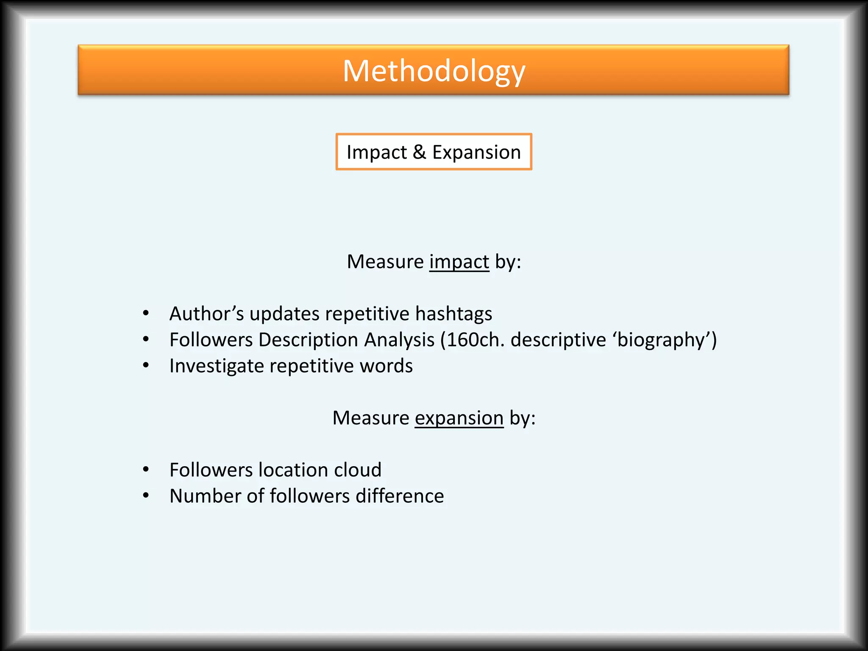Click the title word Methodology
pyautogui.click(x=434, y=71)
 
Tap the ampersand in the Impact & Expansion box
pyautogui.click(x=419, y=152)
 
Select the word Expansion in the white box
pyautogui.click(x=476, y=152)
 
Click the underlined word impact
pyautogui.click(x=459, y=262)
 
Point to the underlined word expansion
pyautogui.click(x=459, y=418)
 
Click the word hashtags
pyautogui.click(x=453, y=314)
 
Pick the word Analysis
pyautogui.click(x=399, y=340)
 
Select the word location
pyautogui.click(x=293, y=470)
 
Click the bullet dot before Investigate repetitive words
pyautogui.click(x=146, y=365)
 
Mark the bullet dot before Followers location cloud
pyautogui.click(x=146, y=469)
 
